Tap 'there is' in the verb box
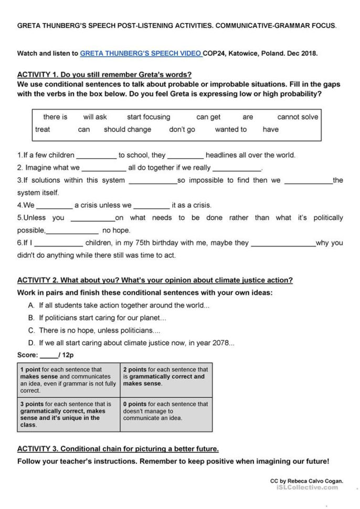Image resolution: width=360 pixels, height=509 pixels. pyautogui.click(x=55, y=117)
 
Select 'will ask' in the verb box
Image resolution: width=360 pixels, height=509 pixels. pyautogui.click(x=95, y=117)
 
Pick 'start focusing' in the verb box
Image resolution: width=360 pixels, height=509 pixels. pyautogui.click(x=149, y=117)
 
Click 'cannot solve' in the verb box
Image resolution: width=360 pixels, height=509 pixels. pyautogui.click(x=298, y=117)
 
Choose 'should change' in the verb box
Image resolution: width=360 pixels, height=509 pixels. pyautogui.click(x=128, y=130)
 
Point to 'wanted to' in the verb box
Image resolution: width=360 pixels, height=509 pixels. pyautogui.click(x=230, y=130)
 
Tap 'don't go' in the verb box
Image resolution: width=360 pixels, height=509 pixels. pyautogui.click(x=182, y=130)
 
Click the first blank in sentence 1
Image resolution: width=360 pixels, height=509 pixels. pyautogui.click(x=97, y=156)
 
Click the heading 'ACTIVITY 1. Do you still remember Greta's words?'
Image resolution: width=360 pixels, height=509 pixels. pyautogui.click(x=104, y=75)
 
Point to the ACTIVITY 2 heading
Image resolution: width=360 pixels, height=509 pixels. pyautogui.click(x=155, y=280)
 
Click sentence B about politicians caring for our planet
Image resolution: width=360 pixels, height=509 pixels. pyautogui.click(x=102, y=318)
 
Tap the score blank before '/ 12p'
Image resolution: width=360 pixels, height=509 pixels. pyautogui.click(x=49, y=356)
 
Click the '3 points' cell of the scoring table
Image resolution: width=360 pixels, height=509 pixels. pyautogui.click(x=68, y=415)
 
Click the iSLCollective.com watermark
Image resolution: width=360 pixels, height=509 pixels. pyautogui.click(x=307, y=487)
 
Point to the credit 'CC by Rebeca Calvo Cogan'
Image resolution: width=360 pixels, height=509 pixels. pyautogui.click(x=306, y=481)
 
